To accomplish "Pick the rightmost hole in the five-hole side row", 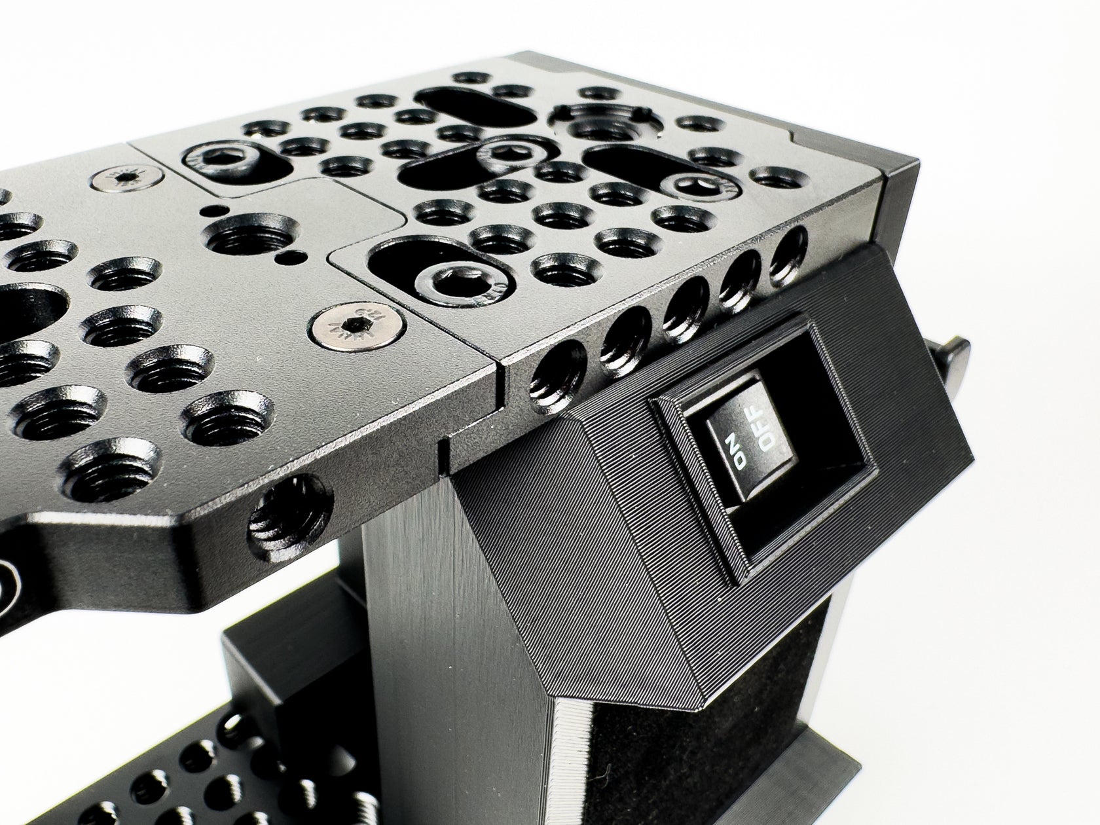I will tap(788, 254).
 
